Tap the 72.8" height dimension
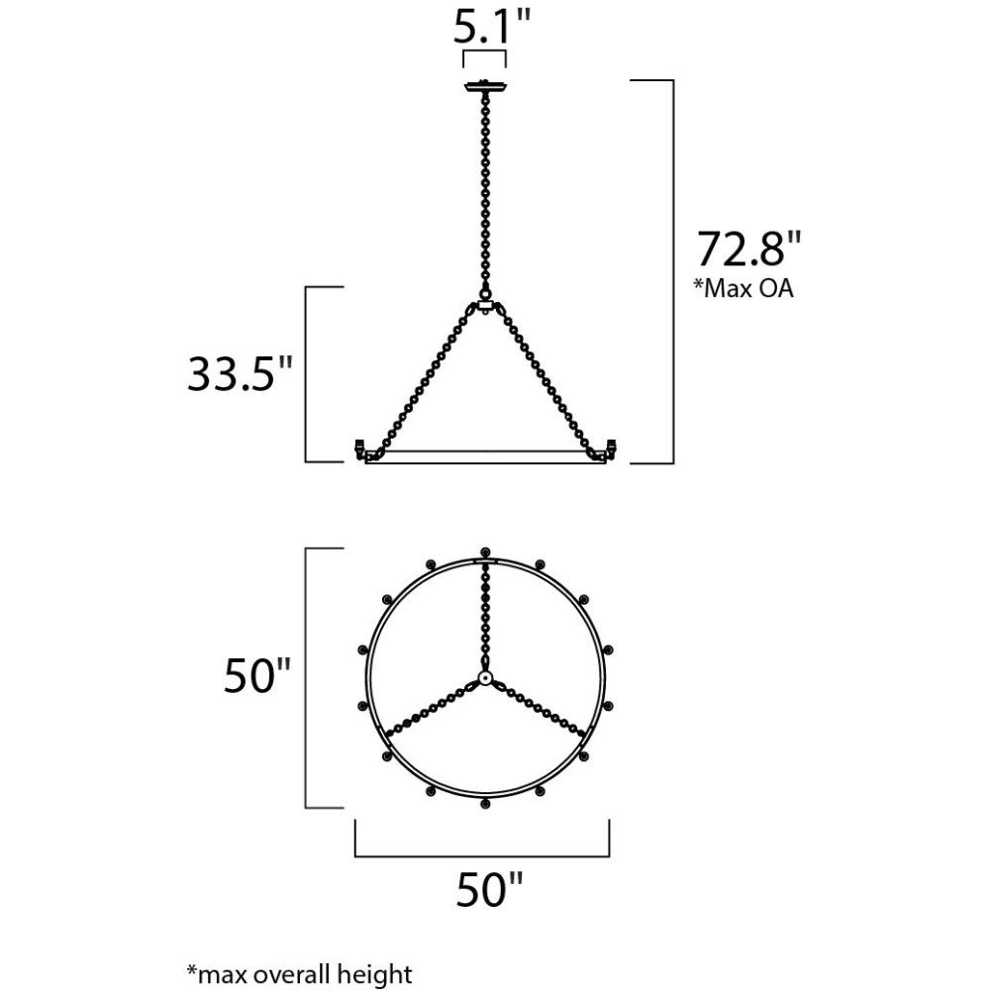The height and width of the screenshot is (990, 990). click(748, 248)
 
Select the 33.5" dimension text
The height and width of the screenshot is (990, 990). click(241, 374)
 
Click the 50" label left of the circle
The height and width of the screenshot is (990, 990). click(257, 675)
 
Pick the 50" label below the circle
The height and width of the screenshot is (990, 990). click(490, 889)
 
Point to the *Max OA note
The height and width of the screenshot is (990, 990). click(743, 288)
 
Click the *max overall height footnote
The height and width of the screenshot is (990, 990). click(299, 974)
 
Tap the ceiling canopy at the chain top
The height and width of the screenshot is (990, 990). click(485, 86)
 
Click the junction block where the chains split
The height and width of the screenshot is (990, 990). click(485, 306)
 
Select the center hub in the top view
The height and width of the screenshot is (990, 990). click(485, 678)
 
